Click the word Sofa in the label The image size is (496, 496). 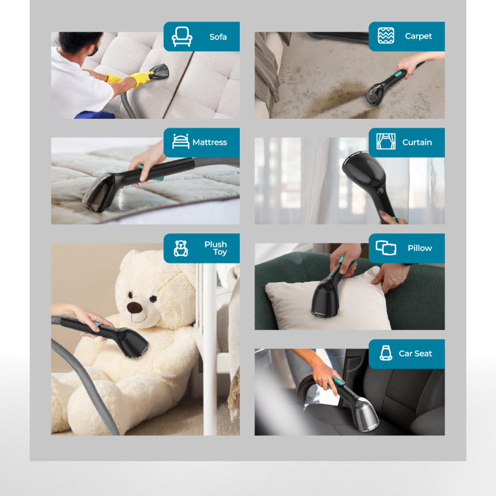click(x=218, y=37)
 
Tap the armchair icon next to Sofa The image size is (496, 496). click(x=182, y=37)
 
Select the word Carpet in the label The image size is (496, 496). click(x=418, y=36)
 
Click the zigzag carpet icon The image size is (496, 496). click(x=386, y=35)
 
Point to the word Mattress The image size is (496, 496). click(x=209, y=142)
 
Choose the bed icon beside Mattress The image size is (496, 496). click(x=181, y=141)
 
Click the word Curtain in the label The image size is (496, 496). click(x=417, y=142)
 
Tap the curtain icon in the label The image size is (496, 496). click(x=386, y=141)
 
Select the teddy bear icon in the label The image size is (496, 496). click(x=181, y=248)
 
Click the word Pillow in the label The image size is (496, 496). click(x=420, y=248)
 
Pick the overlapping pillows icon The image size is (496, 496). click(x=386, y=248)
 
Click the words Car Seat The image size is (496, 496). click(x=415, y=354)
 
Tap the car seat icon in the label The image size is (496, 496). click(x=386, y=353)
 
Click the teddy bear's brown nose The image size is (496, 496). click(x=134, y=307)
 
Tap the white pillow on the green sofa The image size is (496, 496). click(x=329, y=300)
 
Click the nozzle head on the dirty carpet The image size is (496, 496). click(x=375, y=93)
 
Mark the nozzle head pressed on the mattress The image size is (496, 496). click(x=99, y=193)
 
